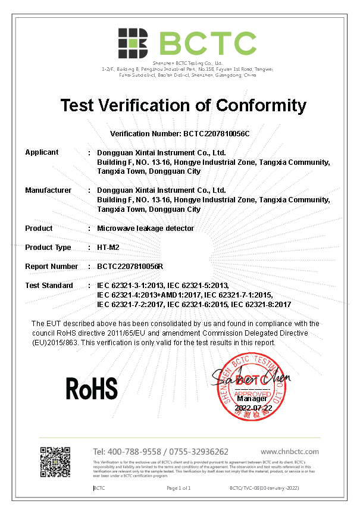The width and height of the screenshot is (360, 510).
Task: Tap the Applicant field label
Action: coord(42,152)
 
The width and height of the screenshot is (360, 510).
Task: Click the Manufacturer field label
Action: coord(48,190)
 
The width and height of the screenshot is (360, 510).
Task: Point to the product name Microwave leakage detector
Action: coord(145,229)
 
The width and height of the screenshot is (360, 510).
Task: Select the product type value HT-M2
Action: coord(109,248)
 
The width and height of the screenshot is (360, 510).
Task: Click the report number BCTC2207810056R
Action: coord(130,267)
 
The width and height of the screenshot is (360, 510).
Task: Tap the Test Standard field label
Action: coord(49,286)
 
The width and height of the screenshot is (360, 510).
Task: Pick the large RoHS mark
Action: coord(91,388)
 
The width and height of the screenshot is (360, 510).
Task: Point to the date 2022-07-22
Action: coord(253,408)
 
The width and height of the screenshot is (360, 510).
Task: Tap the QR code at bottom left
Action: coord(55,461)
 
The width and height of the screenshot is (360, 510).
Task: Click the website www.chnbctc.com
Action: coord(290,452)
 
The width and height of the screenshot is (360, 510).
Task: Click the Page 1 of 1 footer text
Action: coord(179,488)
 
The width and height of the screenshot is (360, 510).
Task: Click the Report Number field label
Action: coord(51,267)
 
